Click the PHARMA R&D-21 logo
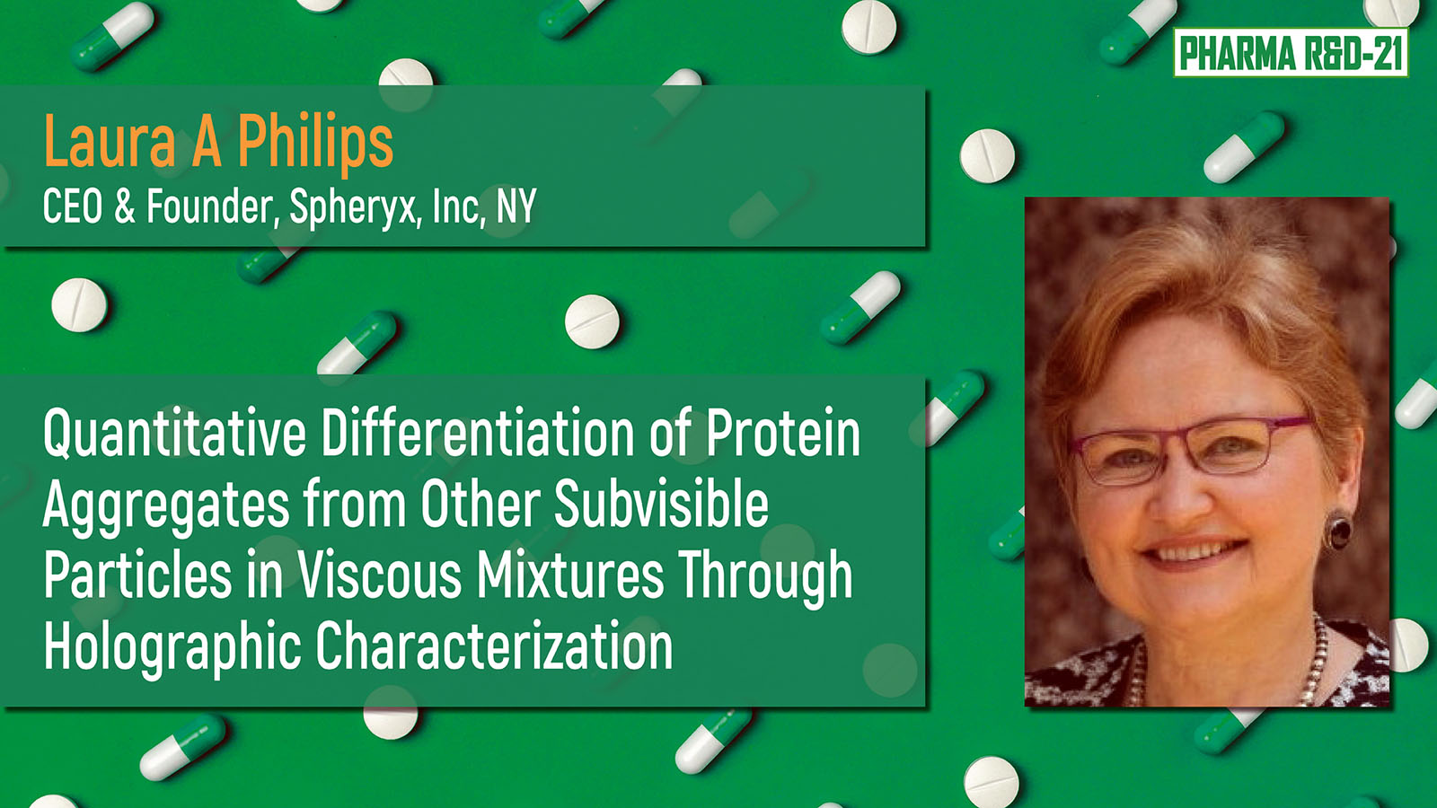(x=1291, y=53)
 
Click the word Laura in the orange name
(x=110, y=142)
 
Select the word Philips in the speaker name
(x=315, y=145)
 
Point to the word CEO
(x=73, y=206)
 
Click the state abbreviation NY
(x=516, y=206)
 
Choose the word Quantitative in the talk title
(x=174, y=434)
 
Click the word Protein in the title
(x=782, y=434)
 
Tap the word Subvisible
(x=661, y=503)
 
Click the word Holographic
(x=172, y=646)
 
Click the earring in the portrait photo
(x=1338, y=530)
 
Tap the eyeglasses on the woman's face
(x=1190, y=450)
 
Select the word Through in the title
(x=765, y=576)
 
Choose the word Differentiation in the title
(x=477, y=434)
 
